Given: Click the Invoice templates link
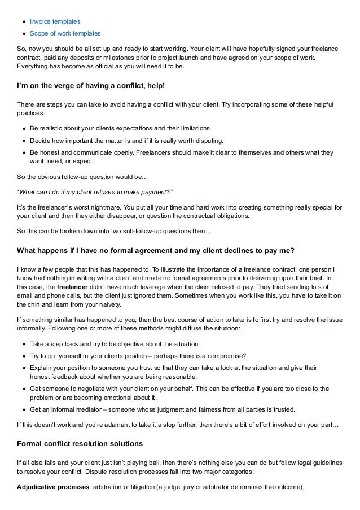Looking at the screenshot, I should tap(55, 21).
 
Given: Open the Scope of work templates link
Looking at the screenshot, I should tap(65, 33).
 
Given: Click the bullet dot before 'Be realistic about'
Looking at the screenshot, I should tap(24, 128).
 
